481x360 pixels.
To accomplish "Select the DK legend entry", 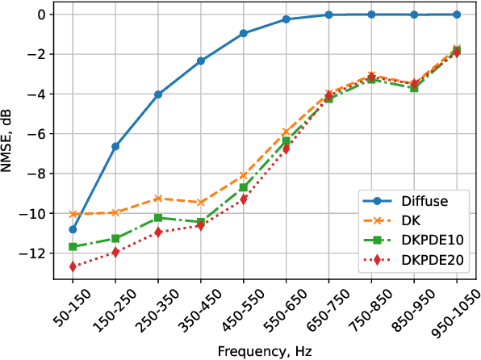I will [x=412, y=220].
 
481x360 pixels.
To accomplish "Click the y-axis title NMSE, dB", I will [x=10, y=142].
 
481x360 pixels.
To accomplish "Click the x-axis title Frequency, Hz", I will [x=265, y=351].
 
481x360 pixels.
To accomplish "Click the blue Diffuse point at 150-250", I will [x=115, y=146].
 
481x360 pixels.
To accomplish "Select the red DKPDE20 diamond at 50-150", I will [x=73, y=266].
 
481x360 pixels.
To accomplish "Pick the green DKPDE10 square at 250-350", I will [x=158, y=218].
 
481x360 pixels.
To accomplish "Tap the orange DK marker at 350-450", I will [x=201, y=203].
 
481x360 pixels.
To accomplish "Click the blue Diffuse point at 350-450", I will [x=201, y=61].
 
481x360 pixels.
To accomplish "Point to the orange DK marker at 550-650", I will [x=286, y=132].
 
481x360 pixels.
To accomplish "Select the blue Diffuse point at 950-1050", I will [x=457, y=15].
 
